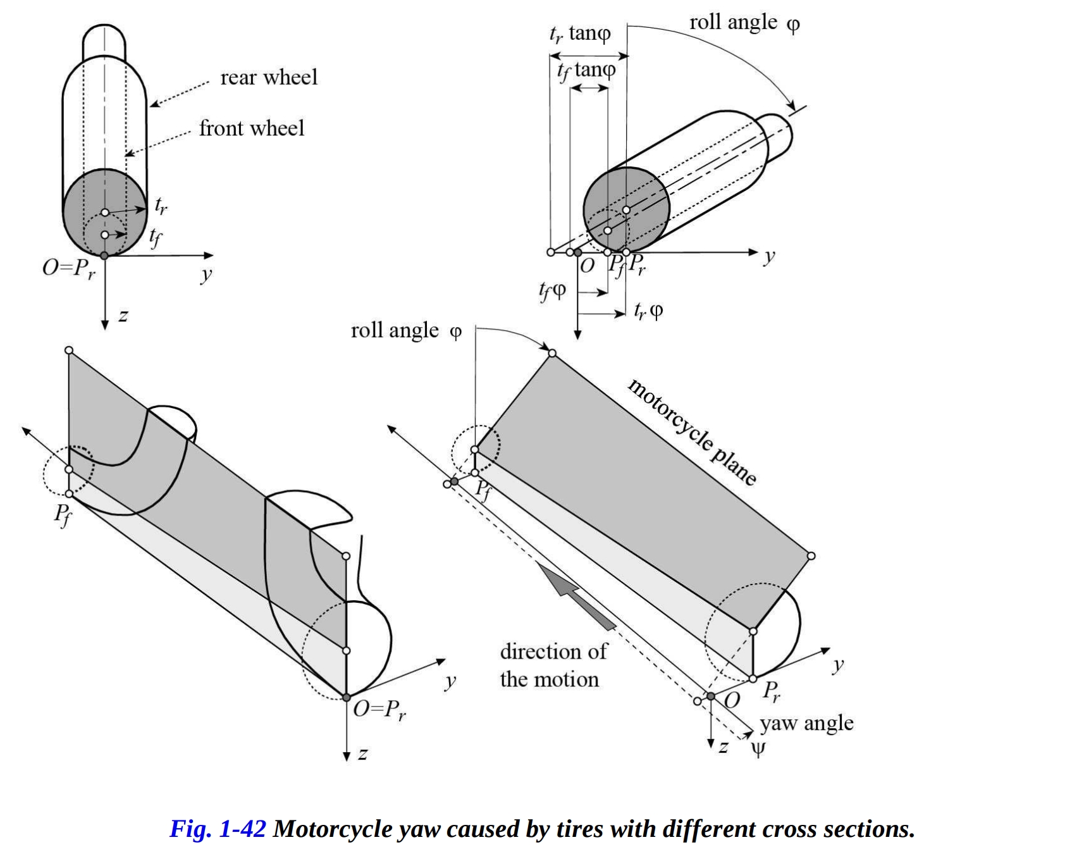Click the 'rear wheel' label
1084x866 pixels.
269,77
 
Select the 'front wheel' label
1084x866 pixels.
252,128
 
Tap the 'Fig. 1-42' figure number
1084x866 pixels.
218,829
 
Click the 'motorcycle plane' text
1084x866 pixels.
692,431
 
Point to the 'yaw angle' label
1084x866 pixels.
807,722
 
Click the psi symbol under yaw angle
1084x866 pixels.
758,749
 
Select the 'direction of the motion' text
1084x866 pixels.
553,665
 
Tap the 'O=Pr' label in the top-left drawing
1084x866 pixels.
69,268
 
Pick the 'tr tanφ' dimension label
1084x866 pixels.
579,33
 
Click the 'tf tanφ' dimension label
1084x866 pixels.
586,70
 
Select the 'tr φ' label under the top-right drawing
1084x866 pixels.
648,311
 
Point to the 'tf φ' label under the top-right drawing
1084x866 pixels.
552,290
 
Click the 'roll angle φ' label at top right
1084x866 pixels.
744,23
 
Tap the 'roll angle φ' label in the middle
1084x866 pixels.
406,331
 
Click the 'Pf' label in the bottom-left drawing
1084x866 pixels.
63,514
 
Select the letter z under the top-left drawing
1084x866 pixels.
123,315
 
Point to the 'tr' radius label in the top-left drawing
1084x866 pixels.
161,205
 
